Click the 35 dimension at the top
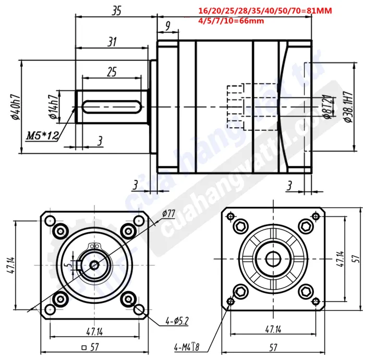[116, 10]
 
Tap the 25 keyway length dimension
[111, 72]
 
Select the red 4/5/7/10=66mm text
[232, 21]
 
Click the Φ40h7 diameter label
[16, 107]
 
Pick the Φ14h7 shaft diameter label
[52, 106]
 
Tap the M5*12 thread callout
[42, 136]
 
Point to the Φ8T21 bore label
[325, 108]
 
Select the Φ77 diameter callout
[168, 214]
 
